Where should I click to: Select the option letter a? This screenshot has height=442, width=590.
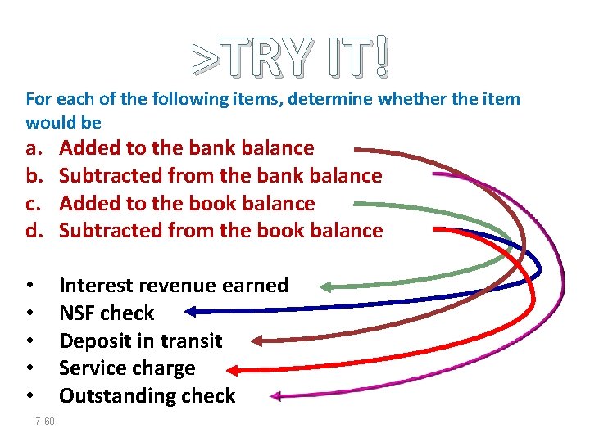[x=34, y=148]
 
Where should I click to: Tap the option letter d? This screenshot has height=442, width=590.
[x=34, y=231]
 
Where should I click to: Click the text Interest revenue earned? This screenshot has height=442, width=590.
[x=174, y=286]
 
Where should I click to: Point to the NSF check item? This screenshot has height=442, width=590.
[x=107, y=313]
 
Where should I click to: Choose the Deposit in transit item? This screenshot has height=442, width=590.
[x=141, y=341]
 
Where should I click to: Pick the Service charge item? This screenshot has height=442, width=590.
[x=127, y=369]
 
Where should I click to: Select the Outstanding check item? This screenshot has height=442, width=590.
[x=147, y=397]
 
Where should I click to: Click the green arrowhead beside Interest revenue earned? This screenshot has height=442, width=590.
[x=325, y=286]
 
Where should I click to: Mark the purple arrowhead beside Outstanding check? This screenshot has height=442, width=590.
[x=276, y=397]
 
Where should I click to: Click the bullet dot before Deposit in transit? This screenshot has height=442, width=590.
[x=29, y=341]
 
